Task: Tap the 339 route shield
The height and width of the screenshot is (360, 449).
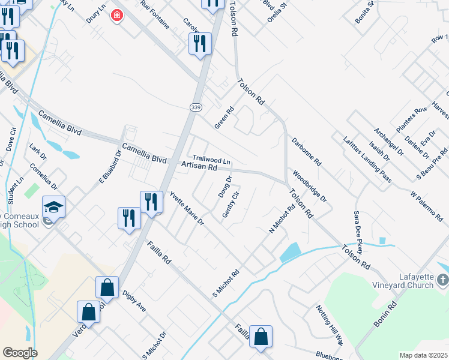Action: pyautogui.click(x=196, y=107)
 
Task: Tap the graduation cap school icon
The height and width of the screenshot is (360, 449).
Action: pyautogui.click(x=53, y=208)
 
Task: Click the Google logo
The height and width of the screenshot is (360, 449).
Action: pyautogui.click(x=19, y=353)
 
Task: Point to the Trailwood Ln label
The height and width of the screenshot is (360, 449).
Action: pyautogui.click(x=211, y=161)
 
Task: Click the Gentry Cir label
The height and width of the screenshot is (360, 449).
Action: pyautogui.click(x=231, y=205)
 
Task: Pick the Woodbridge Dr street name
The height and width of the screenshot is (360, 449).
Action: pyautogui.click(x=310, y=187)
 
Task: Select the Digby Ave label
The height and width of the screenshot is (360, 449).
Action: pyautogui.click(x=134, y=302)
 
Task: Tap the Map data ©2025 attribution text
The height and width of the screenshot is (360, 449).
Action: pyautogui.click(x=423, y=355)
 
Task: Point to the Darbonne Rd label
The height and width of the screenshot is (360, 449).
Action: pyautogui.click(x=307, y=152)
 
